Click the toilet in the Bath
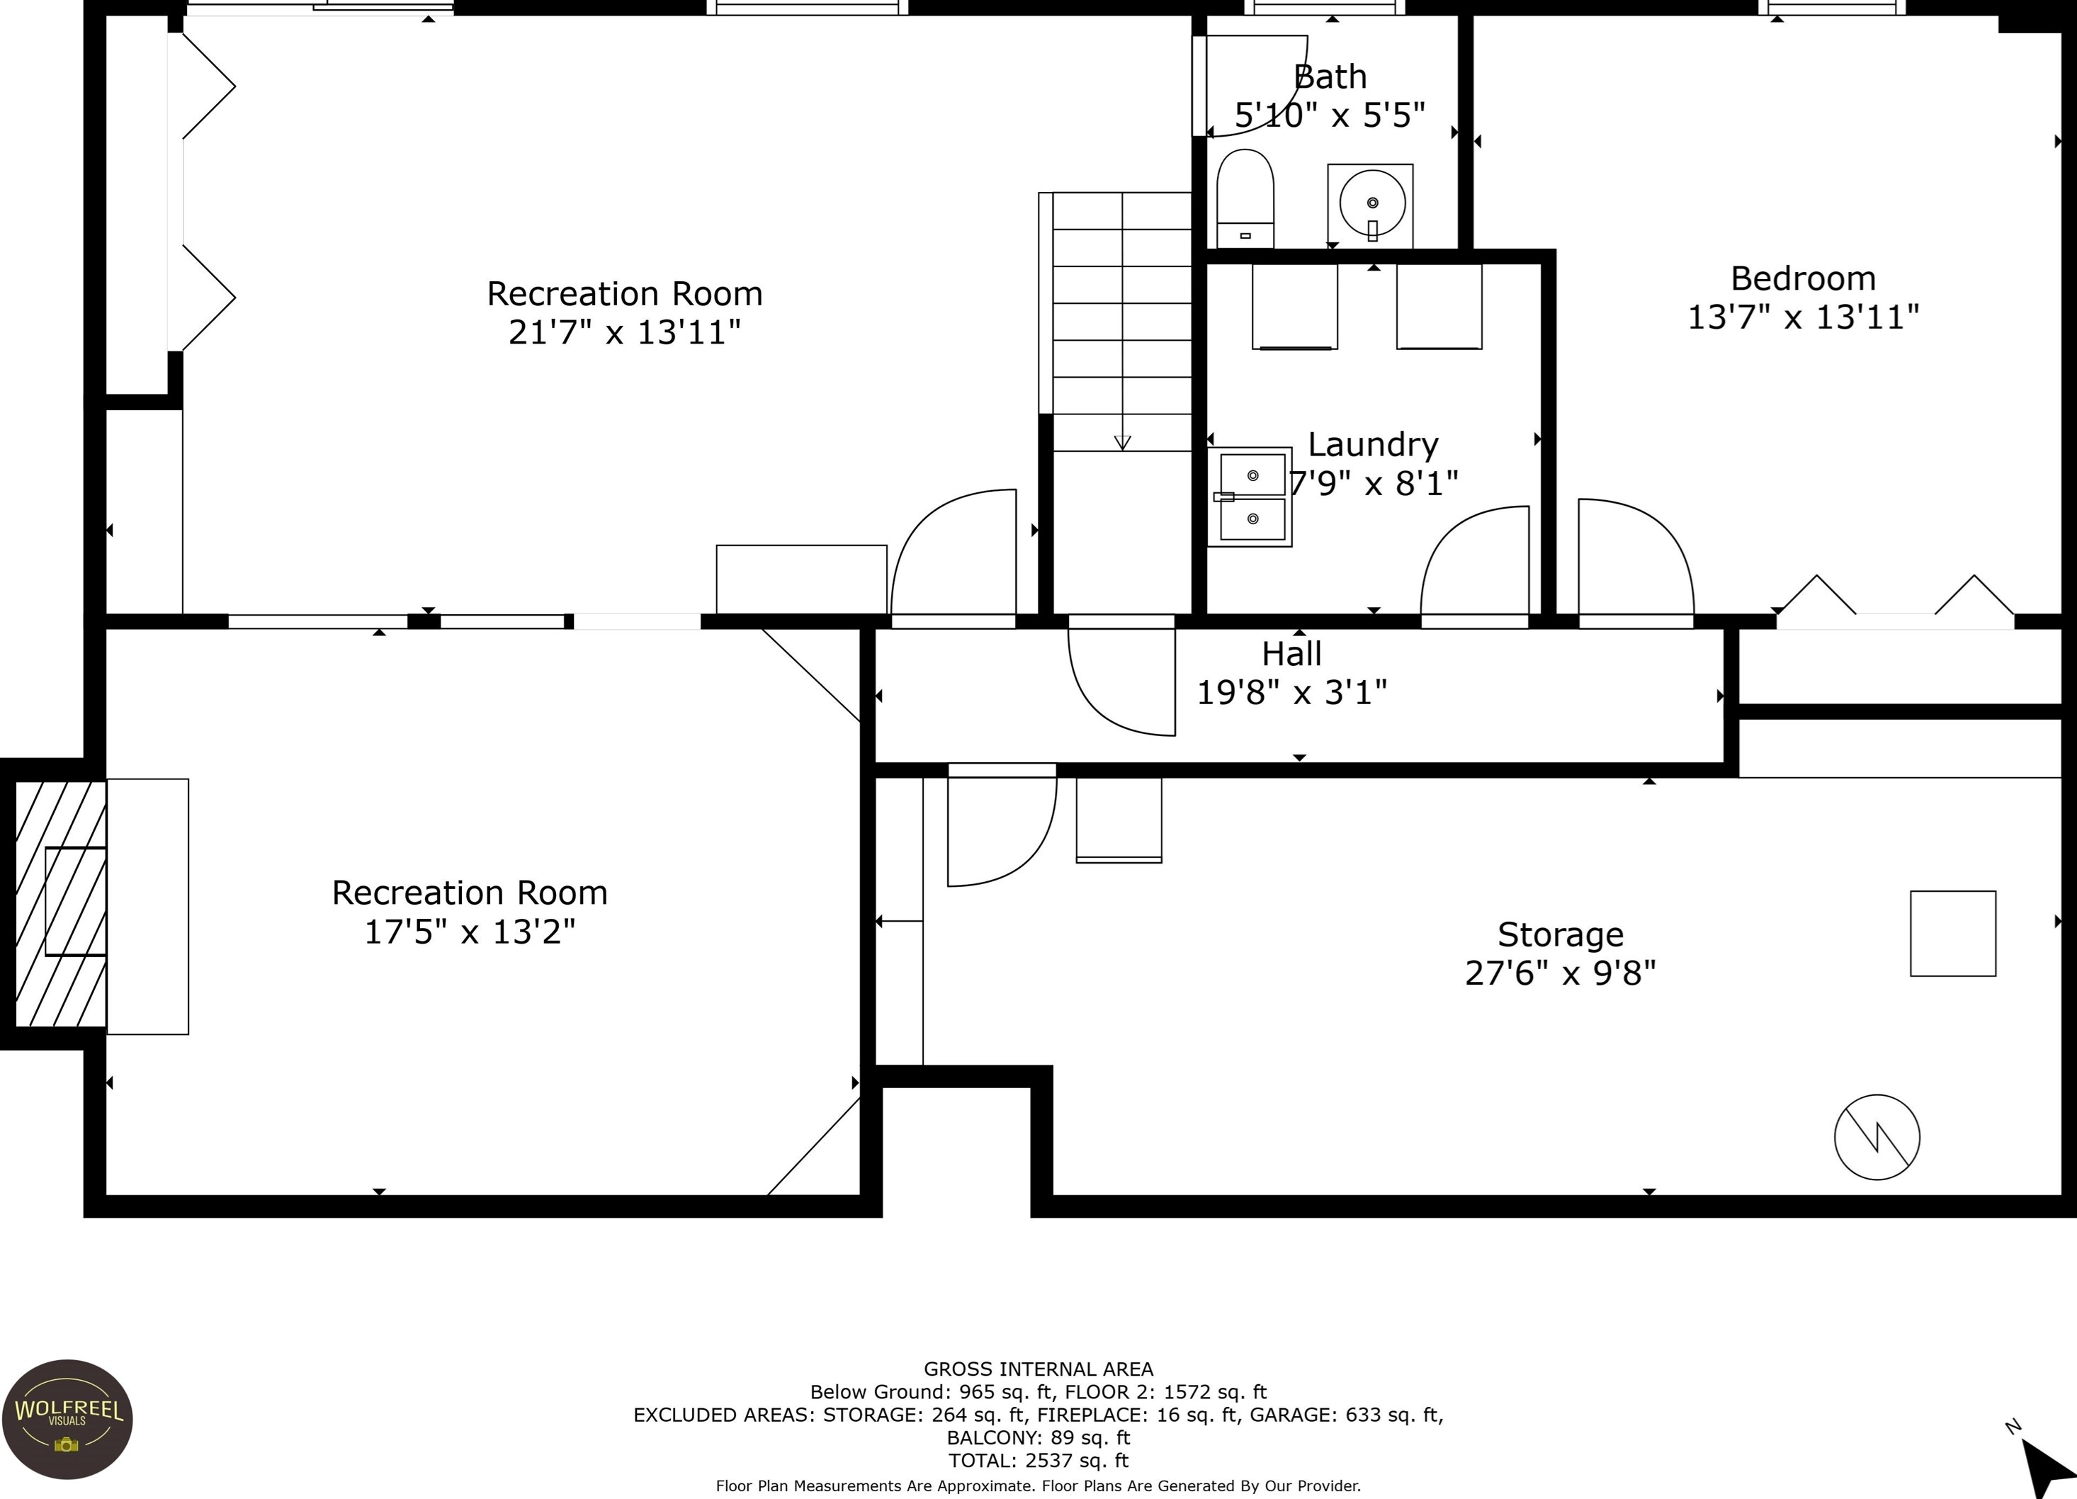(x=1245, y=198)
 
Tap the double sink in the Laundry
(x=1251, y=497)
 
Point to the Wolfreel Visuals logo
(x=67, y=1420)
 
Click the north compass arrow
(x=2046, y=1467)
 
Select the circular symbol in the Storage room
(x=1877, y=1137)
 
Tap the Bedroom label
(x=1802, y=278)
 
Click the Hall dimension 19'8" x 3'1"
(x=1291, y=692)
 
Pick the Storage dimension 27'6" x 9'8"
(x=1561, y=973)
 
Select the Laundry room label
(x=1373, y=445)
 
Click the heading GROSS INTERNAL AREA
(x=1038, y=1369)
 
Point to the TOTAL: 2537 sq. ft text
(x=1038, y=1461)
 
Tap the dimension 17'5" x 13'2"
(x=470, y=932)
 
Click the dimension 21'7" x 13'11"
(x=625, y=332)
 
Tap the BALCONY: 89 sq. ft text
(x=1038, y=1437)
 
